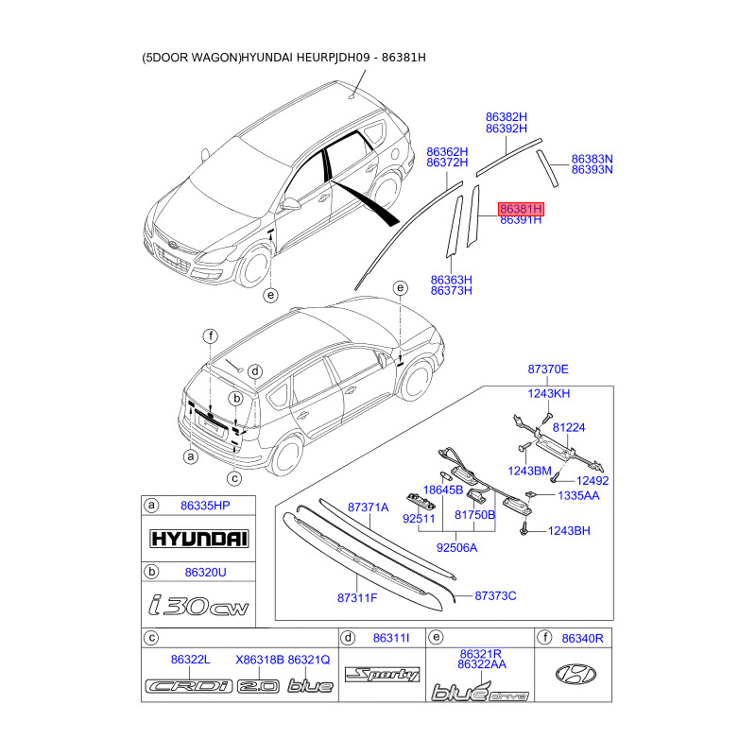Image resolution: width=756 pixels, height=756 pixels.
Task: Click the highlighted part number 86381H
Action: coord(521,208)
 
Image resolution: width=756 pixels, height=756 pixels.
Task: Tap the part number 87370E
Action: coord(548,369)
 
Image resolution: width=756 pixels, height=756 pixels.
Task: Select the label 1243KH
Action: coord(548,393)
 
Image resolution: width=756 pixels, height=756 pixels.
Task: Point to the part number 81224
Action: coord(569,428)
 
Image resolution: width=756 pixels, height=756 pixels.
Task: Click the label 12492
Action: coord(593,480)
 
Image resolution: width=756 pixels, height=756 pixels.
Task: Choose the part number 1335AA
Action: coord(578,495)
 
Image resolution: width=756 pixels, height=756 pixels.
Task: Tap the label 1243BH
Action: coord(569,531)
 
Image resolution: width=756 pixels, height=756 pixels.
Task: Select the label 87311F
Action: coord(357,597)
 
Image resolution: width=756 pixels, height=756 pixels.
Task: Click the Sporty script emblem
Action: coord(382,675)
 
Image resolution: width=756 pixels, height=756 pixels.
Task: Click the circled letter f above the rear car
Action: coord(211,335)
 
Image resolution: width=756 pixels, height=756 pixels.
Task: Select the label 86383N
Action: coord(592,159)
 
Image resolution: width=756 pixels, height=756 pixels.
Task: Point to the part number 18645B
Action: coord(442,490)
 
